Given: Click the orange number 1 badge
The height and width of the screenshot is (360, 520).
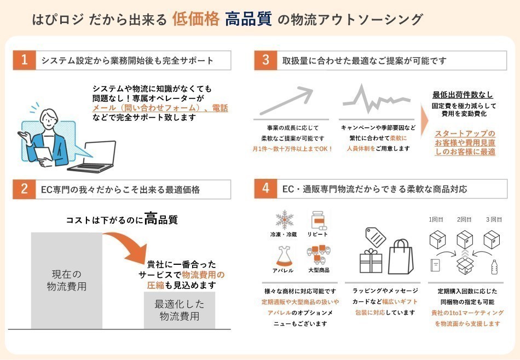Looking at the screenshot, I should coord(24,60).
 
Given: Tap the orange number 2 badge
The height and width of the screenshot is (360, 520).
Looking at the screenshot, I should coord(24,189).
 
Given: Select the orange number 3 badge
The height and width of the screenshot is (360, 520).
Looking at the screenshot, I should coord(265,60).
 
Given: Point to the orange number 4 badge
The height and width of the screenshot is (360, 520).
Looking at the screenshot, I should coord(265,189).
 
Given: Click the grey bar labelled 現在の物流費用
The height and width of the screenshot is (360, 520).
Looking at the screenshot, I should coord(66,280).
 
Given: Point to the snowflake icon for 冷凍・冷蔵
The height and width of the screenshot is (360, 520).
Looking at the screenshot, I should coord(285,220).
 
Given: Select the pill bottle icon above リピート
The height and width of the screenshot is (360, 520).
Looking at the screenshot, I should coord(319,220).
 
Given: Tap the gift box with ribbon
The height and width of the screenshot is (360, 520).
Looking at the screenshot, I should coord(373,261).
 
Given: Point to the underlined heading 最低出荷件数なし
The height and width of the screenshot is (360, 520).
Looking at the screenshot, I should coord(463,95).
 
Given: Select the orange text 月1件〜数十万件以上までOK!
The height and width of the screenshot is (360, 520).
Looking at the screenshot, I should coord(292,148).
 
